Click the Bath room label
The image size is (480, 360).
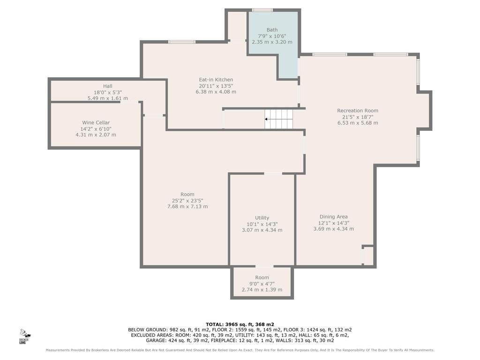272,30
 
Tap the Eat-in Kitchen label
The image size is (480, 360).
216,80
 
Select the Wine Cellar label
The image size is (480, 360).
96,122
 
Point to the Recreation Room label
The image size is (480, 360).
358,111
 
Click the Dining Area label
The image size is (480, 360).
334,217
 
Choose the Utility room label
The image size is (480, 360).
262,217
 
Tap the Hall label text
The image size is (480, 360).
107,86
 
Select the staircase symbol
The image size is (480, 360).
278,119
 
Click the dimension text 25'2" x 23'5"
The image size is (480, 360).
187,201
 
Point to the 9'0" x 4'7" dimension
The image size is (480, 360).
262,284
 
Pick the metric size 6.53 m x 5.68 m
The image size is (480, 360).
358,123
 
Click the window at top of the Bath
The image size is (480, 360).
262,10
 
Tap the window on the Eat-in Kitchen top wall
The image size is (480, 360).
182,42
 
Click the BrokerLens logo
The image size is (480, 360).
24,336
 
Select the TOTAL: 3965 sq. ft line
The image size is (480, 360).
240,324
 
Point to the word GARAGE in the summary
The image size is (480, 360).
156,340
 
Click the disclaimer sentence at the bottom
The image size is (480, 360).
240,350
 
